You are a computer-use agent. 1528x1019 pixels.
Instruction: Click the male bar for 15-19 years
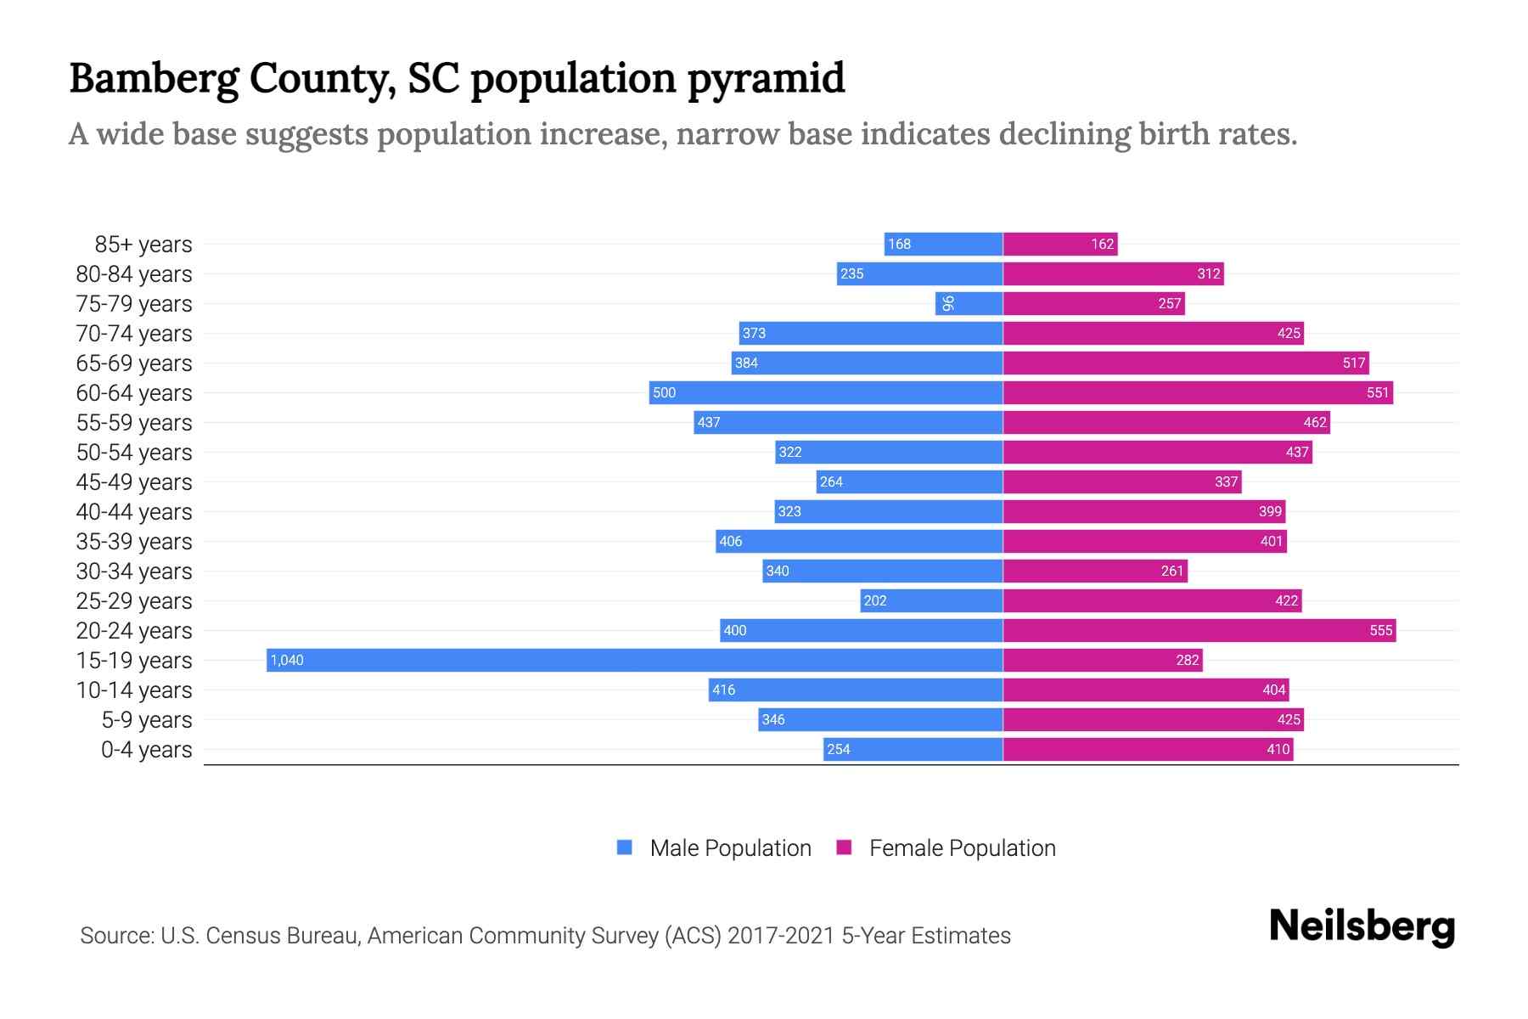click(x=634, y=660)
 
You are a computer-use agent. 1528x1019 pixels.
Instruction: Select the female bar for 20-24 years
click(x=1199, y=630)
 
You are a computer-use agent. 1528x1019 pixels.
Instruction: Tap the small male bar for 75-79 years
click(x=969, y=303)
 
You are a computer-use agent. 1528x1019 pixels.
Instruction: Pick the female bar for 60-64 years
click(x=1197, y=392)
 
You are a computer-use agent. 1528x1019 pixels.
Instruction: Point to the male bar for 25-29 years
click(x=931, y=600)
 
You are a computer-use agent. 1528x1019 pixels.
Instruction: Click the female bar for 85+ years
click(x=1059, y=244)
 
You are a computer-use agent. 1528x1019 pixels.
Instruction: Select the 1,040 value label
click(x=287, y=660)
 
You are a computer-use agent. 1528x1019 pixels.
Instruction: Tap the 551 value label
click(x=1378, y=392)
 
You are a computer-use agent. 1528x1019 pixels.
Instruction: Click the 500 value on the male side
click(x=664, y=392)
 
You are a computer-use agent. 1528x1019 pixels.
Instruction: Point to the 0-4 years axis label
click(x=146, y=750)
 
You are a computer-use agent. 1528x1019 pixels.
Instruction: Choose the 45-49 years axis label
click(x=134, y=482)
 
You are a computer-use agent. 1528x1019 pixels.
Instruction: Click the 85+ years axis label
click(x=143, y=245)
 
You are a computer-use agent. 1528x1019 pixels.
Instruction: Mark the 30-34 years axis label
click(x=134, y=571)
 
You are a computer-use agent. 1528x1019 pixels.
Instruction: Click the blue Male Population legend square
click(x=625, y=847)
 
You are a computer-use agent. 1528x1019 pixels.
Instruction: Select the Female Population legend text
click(x=962, y=848)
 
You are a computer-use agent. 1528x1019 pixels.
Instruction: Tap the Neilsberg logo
click(x=1362, y=926)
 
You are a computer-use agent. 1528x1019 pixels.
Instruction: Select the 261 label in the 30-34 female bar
click(x=1171, y=571)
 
